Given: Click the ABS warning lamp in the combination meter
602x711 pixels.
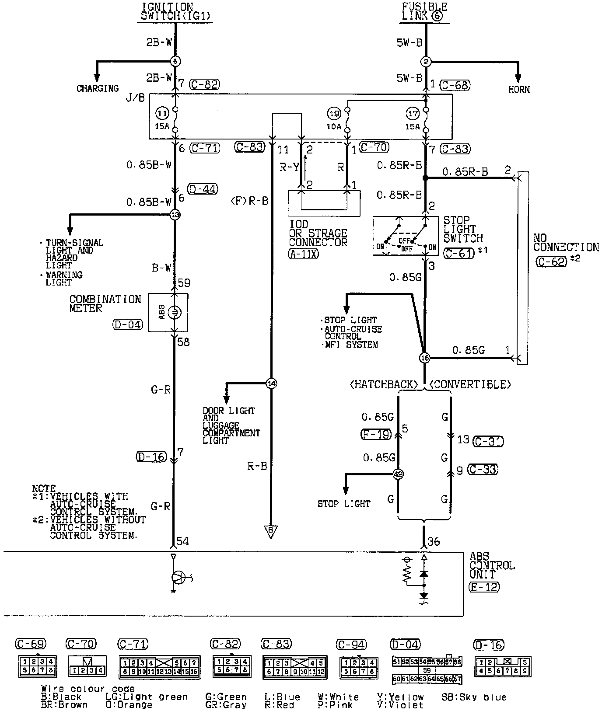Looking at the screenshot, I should point(174,312).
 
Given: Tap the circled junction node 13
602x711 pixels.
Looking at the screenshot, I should point(175,215).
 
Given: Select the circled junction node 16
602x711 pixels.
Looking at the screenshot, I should point(424,358).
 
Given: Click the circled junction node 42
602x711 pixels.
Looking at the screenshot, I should point(398,474).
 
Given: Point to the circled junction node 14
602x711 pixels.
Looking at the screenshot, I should point(271,383).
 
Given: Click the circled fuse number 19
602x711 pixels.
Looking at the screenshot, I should point(334,114).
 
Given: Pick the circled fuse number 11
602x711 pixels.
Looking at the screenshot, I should point(162,114).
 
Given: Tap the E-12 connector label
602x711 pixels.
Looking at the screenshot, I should point(484,587).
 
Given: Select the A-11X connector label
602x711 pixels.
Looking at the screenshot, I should point(304,254).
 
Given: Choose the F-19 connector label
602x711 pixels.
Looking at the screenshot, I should point(376,434).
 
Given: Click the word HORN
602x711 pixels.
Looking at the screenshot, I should point(519,89).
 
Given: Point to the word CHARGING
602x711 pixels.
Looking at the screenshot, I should point(98,88).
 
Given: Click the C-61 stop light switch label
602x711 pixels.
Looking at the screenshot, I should point(458,253).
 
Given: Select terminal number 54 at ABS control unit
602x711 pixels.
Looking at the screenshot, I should point(182,541).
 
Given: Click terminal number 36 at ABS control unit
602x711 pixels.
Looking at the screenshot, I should point(433,541).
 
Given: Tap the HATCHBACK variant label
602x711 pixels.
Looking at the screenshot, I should point(384,384).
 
